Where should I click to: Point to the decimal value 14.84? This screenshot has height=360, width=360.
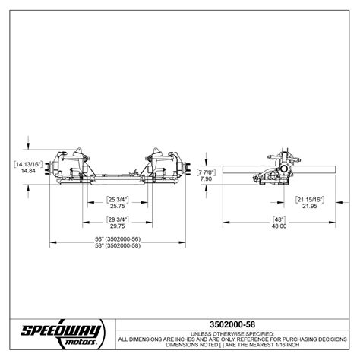tap(28, 171)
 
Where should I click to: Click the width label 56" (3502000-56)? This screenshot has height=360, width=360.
tap(118, 239)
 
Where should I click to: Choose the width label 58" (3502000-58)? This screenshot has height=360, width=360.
tap(118, 246)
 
